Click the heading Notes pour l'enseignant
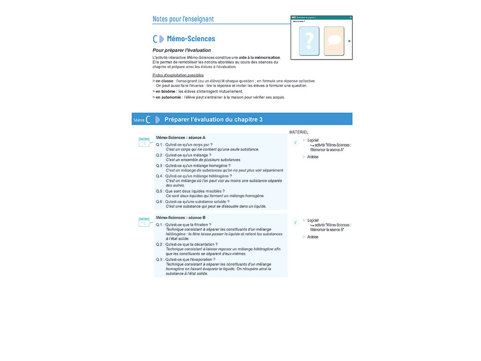[x=183, y=19]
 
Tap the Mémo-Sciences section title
[x=191, y=39]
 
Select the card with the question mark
[x=309, y=41]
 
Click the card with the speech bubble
[x=334, y=41]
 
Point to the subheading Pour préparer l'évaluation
[x=181, y=50]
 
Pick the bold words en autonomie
[x=168, y=97]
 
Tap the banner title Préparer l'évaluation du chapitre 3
[x=213, y=119]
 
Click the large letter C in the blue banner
[x=148, y=120]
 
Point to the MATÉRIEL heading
[x=299, y=133]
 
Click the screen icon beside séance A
[x=145, y=142]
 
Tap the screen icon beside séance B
[x=145, y=222]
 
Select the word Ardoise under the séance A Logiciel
[x=313, y=157]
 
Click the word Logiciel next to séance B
[x=313, y=220]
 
